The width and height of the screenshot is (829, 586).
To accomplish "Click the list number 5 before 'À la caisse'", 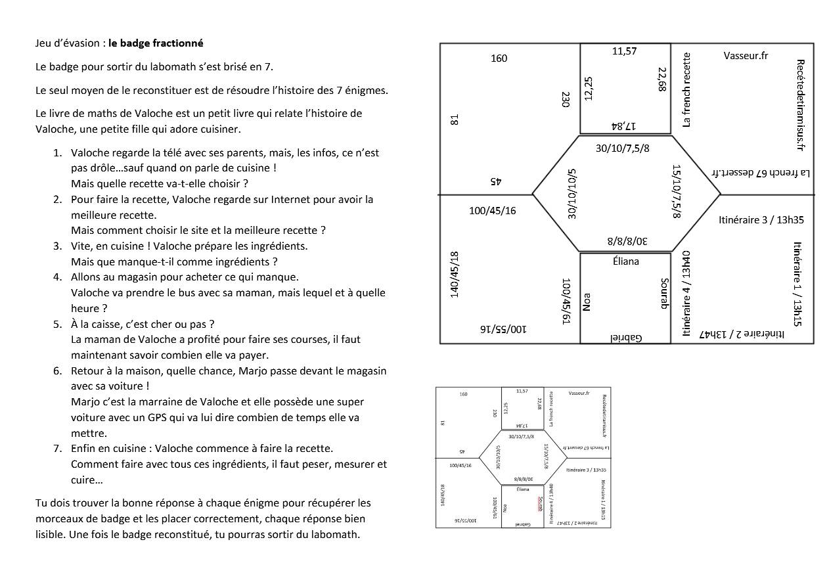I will pyautogui.click(x=57, y=324).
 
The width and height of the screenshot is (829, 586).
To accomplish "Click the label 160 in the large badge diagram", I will pyautogui.click(x=499, y=58).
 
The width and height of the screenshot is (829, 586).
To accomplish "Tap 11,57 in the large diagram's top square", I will pyautogui.click(x=625, y=51).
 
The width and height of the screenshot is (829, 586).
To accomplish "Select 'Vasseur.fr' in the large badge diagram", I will pyautogui.click(x=746, y=56).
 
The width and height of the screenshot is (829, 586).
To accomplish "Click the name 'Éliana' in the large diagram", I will pyautogui.click(x=625, y=261).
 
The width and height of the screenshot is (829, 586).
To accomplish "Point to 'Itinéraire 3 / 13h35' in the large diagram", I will pyautogui.click(x=761, y=220).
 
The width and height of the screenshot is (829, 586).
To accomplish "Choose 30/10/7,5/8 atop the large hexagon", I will pyautogui.click(x=622, y=148).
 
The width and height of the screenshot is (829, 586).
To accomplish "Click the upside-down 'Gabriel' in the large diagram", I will pyautogui.click(x=626, y=338).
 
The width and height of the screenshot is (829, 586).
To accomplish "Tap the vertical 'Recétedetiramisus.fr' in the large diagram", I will pyautogui.click(x=800, y=105).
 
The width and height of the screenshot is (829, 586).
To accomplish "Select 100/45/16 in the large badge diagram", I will pyautogui.click(x=493, y=211).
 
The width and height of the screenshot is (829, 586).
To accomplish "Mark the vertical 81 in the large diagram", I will pyautogui.click(x=455, y=120).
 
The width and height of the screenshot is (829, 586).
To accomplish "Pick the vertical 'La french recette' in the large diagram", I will pyautogui.click(x=687, y=90).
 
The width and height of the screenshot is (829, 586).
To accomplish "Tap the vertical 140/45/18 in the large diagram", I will pyautogui.click(x=455, y=274).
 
